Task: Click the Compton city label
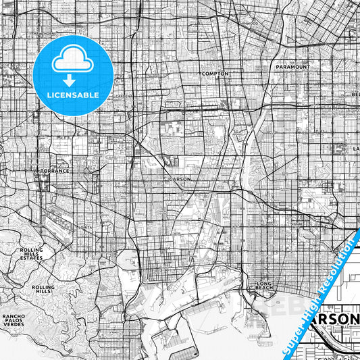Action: coord(215,73)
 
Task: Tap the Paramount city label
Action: coord(292,68)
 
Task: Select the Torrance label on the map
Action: coord(55,171)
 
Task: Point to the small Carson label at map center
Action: coord(180,179)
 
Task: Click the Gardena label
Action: coord(124,96)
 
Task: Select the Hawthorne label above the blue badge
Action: coord(46,32)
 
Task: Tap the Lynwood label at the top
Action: coord(249,22)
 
